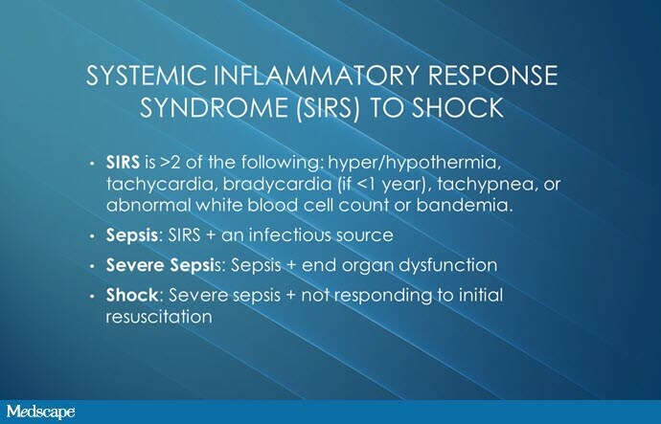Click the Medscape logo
pos(41,412)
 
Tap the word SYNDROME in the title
pos(212,107)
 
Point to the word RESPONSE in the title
pos(492,76)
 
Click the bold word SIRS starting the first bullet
pos(123,162)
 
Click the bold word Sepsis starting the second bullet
pos(131,235)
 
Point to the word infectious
pos(289,234)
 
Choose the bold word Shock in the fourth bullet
pos(131,295)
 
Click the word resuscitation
pos(158,317)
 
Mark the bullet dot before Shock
pos(92,297)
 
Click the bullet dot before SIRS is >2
pos(92,165)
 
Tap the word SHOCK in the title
pos(457,107)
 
